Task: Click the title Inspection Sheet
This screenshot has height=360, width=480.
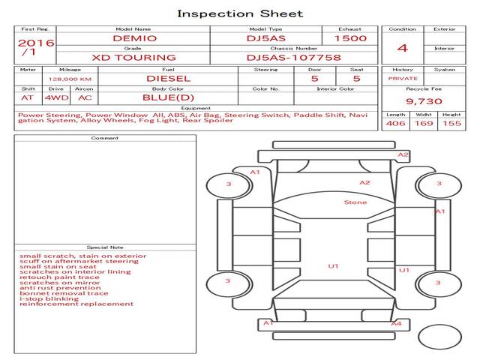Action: [x=240, y=13]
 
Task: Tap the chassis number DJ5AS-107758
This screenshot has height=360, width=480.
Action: [x=294, y=57]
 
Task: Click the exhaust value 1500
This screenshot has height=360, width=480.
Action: [x=350, y=38]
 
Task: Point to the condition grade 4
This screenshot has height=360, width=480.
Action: [x=402, y=47]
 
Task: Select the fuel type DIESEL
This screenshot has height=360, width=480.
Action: [x=168, y=78]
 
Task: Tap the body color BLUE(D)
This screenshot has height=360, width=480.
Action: [x=168, y=97]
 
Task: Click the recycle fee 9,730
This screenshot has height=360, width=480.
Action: [x=424, y=100]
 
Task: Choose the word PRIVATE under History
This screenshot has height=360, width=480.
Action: [x=403, y=78]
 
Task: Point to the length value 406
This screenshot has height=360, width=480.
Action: [x=396, y=123]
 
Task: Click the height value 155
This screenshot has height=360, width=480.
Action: [x=451, y=123]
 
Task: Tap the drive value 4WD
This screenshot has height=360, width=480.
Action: [x=55, y=97]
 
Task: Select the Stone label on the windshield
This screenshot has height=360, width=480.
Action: [x=355, y=202]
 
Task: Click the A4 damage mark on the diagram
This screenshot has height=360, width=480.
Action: [x=396, y=323]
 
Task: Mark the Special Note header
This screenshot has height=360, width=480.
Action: [x=105, y=247]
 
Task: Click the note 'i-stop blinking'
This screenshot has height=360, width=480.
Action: [x=49, y=298]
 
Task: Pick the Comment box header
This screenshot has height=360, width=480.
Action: [x=105, y=138]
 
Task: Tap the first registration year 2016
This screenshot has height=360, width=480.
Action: [x=36, y=43]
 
